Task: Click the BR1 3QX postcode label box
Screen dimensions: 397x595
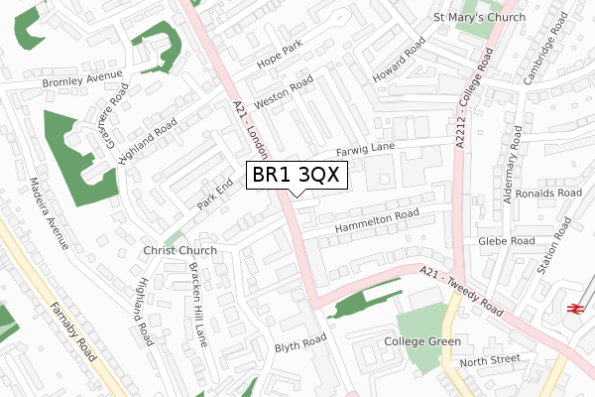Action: point(296,175)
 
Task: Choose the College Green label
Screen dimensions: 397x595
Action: point(423,341)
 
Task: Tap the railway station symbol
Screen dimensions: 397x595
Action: point(573,309)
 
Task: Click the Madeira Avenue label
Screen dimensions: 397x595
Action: point(49,213)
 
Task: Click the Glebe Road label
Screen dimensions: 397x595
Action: point(506,240)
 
